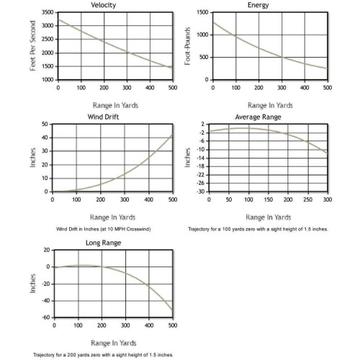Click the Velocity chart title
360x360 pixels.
(x=103, y=5)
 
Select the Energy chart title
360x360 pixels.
(x=258, y=5)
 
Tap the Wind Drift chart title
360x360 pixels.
(x=103, y=117)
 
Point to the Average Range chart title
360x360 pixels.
(x=258, y=117)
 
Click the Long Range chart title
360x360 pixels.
(x=103, y=243)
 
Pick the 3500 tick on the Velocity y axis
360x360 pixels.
(x=48, y=12)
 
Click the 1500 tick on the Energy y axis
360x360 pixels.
(x=202, y=12)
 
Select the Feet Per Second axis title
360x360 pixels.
(x=32, y=45)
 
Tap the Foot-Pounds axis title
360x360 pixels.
(x=187, y=46)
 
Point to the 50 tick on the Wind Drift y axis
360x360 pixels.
(x=45, y=124)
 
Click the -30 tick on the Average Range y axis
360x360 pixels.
(x=201, y=192)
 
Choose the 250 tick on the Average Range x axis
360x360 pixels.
(x=308, y=199)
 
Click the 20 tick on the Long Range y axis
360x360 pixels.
(x=47, y=250)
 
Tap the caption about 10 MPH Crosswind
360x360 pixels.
(x=104, y=229)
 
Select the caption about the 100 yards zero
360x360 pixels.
(x=258, y=229)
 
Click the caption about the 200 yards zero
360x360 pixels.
(x=103, y=355)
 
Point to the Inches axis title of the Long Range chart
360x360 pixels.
(x=32, y=284)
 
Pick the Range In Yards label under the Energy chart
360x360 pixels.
(x=270, y=105)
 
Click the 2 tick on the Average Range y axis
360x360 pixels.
(x=203, y=124)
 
